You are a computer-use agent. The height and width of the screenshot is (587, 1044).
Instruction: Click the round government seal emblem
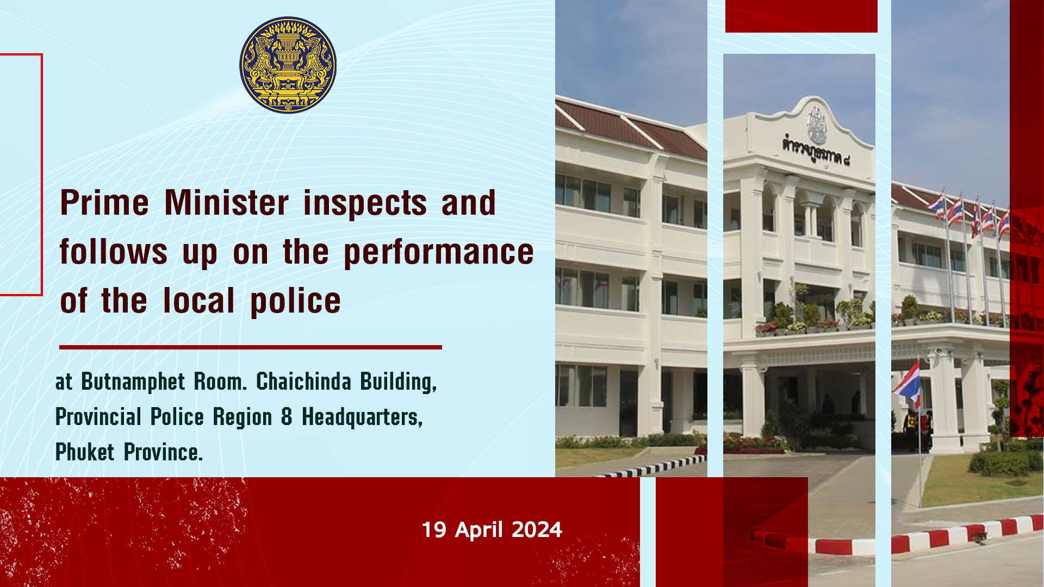(288, 65)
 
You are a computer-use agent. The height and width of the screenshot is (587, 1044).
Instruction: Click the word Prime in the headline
(104, 203)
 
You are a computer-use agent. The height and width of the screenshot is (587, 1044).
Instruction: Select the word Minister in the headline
(227, 203)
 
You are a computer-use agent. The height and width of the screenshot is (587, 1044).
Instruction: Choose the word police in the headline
(295, 302)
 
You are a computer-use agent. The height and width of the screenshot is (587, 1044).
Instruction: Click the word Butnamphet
(133, 382)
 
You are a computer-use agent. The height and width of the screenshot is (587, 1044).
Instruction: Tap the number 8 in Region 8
(287, 417)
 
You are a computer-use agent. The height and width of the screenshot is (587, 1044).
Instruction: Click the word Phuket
(85, 452)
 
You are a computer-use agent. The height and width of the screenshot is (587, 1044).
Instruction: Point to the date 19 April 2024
(492, 529)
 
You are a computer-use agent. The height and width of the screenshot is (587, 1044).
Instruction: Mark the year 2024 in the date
(537, 529)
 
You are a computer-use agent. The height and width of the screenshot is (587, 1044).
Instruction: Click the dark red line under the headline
(251, 347)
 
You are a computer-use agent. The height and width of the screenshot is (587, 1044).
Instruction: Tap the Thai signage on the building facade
(816, 151)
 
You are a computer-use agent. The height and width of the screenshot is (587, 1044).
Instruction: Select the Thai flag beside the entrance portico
(907, 383)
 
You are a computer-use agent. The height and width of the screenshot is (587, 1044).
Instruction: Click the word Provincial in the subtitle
(98, 417)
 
